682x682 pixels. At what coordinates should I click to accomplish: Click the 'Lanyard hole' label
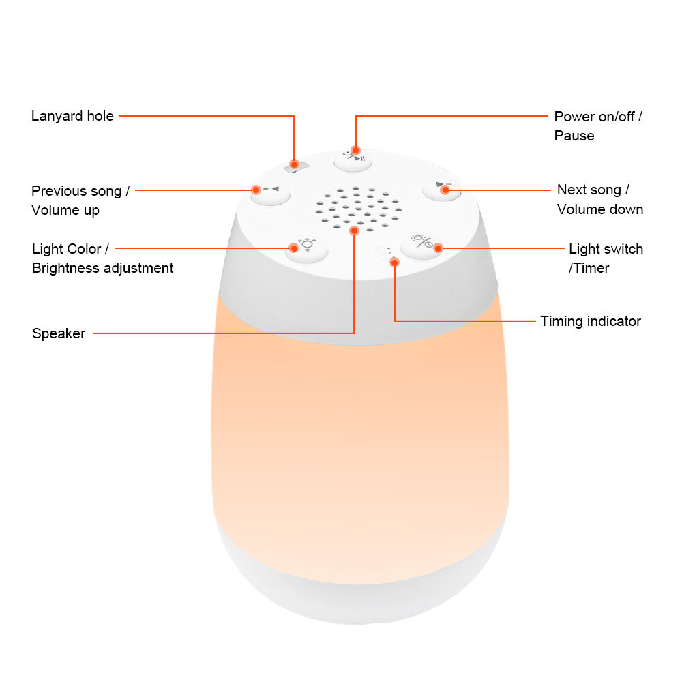(72, 116)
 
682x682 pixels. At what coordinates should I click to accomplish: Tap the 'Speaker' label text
(59, 333)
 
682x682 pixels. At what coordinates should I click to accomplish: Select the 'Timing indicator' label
(591, 321)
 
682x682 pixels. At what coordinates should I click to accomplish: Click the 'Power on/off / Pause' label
(598, 126)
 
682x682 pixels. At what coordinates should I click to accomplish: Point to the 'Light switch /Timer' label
(606, 258)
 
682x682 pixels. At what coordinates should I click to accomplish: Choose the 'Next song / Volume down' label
(600, 200)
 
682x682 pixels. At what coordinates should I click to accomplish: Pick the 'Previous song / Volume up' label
(80, 201)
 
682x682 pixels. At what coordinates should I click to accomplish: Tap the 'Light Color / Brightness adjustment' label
(102, 258)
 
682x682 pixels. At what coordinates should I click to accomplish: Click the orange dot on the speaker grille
(354, 231)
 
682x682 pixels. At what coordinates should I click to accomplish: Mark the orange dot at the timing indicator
(394, 263)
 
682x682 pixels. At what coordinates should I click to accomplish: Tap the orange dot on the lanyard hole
(294, 164)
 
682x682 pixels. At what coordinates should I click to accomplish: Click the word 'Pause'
(574, 136)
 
